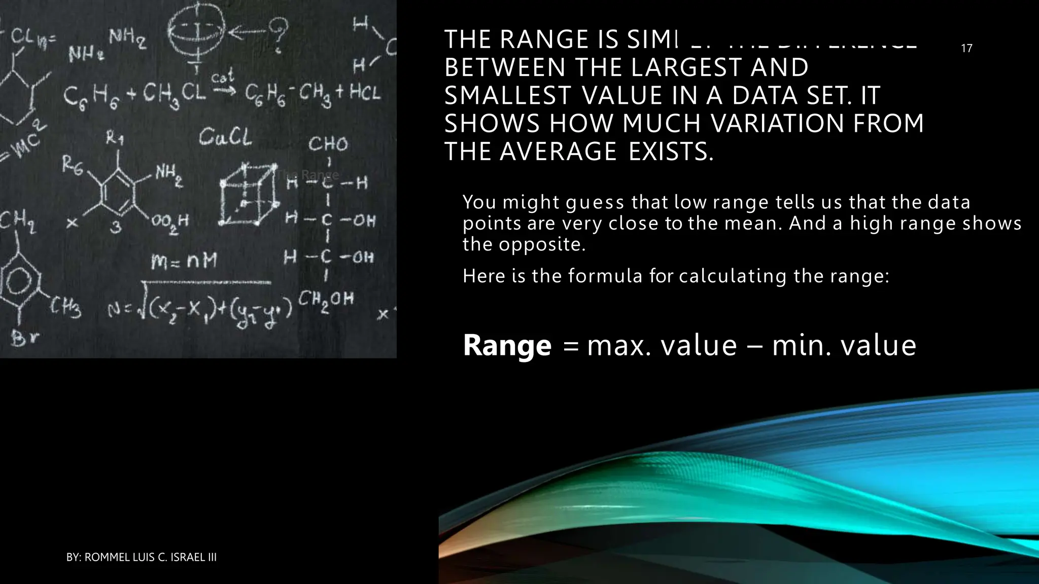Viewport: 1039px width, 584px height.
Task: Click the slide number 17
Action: (x=966, y=49)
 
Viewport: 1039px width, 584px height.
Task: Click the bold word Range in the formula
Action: (x=507, y=346)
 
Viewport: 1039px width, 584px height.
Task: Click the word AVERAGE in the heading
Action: (x=558, y=152)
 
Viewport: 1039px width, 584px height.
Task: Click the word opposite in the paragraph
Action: (x=542, y=245)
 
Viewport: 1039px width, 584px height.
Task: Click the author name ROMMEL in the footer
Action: (x=106, y=558)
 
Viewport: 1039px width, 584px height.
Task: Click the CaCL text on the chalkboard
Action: (x=225, y=136)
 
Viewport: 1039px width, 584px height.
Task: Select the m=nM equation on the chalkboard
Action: (x=184, y=262)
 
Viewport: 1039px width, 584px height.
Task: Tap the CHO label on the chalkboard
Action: (x=328, y=144)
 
